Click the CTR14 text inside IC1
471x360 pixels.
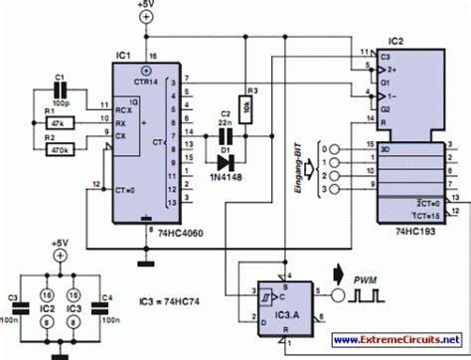[147, 81]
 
